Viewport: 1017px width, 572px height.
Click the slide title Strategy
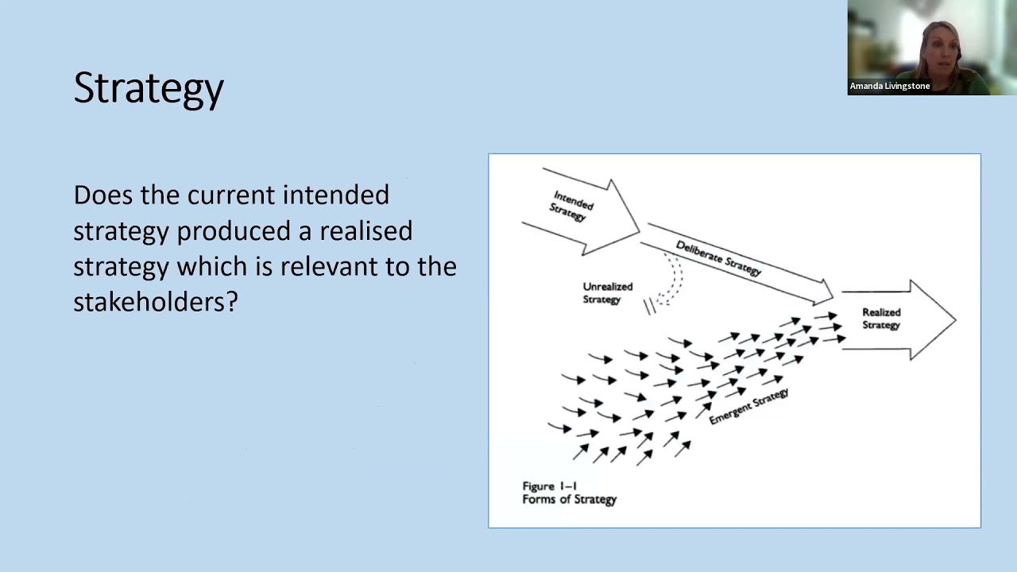pos(149,89)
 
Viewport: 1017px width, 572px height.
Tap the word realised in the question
pos(366,230)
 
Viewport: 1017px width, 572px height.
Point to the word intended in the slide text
pos(336,195)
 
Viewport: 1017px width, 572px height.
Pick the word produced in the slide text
pos(234,230)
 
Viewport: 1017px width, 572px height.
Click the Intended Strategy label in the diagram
pos(571,206)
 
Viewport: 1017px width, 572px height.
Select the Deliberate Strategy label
pos(719,258)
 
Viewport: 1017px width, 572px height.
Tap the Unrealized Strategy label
pos(608,293)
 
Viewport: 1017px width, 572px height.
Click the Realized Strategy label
pos(881,319)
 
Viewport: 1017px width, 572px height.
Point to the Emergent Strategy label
pos(748,407)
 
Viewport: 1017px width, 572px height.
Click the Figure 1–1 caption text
pos(549,486)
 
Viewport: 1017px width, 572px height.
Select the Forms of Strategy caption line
pos(570,500)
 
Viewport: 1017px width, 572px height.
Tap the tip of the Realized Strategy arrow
pos(956,319)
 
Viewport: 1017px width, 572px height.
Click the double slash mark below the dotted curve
pos(649,307)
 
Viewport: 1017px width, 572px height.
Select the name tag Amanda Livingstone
pos(890,86)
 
